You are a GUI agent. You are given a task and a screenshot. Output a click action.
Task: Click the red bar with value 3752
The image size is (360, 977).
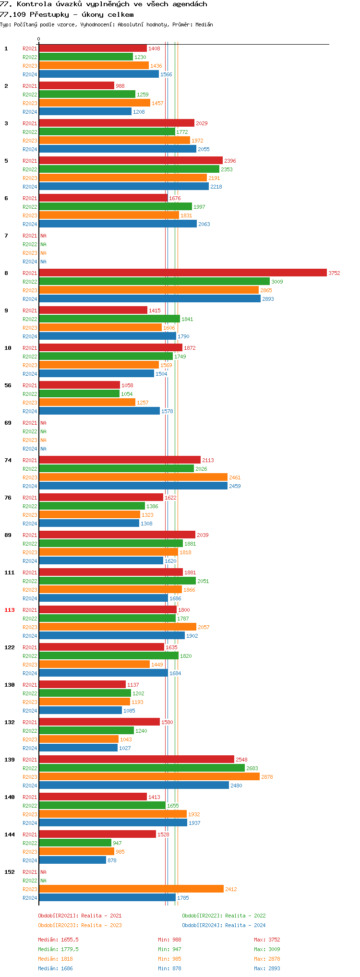coord(182,273)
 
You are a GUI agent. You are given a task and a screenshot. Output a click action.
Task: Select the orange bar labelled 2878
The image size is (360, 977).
coord(149,776)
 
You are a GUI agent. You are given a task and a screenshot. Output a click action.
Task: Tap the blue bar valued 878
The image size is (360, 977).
coord(72,860)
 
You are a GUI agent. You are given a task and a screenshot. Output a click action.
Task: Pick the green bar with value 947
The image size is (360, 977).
coord(75,843)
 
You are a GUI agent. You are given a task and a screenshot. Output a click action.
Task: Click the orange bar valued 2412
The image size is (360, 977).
coord(131,889)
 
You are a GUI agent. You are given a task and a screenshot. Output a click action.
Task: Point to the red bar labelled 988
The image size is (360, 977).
coord(76,85)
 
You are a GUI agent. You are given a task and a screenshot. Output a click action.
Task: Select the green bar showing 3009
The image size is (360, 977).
coord(154,281)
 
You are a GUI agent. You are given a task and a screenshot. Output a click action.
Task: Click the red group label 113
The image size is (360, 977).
coord(10,610)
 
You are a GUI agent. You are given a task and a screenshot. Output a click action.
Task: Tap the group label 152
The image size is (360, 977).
coord(10,872)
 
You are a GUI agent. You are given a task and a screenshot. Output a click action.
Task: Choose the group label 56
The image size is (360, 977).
coord(8,385)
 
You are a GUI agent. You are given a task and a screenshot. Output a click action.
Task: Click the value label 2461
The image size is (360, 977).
coord(235,477)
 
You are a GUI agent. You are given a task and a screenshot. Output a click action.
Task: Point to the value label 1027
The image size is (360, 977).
coord(125,748)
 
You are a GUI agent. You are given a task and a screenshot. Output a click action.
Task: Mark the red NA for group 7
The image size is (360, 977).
coord(43,236)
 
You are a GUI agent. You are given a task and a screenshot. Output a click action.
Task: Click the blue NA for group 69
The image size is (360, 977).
coord(43,449)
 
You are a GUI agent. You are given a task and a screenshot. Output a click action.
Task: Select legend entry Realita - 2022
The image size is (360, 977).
coord(224,916)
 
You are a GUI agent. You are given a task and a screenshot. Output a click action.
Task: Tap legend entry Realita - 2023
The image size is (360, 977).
coord(80,925)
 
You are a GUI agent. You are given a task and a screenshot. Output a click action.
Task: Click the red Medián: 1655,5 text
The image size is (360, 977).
coord(58,940)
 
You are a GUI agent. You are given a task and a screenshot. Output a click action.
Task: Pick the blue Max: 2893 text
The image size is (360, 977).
coord(267,968)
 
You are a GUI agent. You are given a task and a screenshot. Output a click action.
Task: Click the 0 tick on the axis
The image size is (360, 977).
coord(39,39)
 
